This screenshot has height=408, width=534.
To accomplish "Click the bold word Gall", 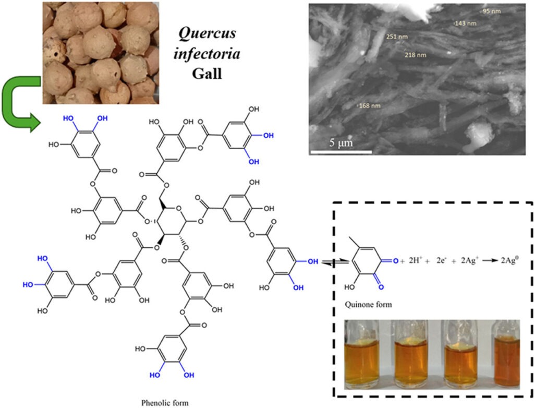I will click(207, 74).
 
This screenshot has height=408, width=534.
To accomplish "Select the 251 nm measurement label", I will click(397, 37).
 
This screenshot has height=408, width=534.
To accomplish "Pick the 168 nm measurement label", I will click(370, 106).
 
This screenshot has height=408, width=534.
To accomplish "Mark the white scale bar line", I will click(341, 152).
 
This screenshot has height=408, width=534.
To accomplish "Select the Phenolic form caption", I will click(165, 402).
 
